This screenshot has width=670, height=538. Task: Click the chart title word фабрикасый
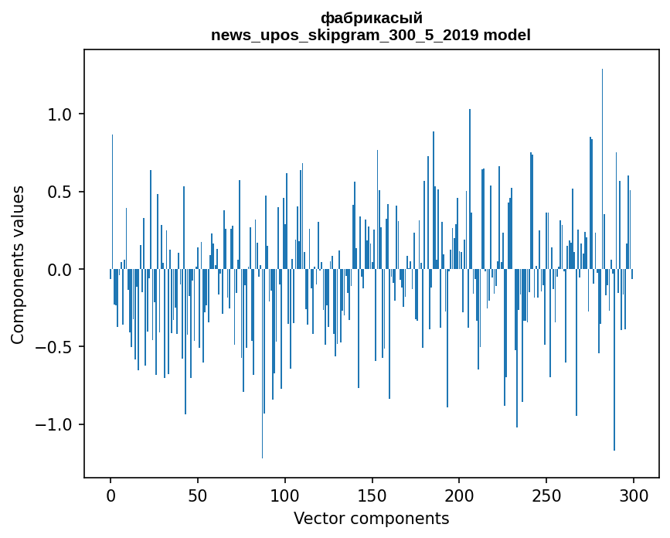[371, 18]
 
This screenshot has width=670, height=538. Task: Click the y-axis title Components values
[18, 264]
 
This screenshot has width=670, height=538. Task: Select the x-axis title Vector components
[371, 519]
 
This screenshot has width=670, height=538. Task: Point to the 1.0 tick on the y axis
[60, 114]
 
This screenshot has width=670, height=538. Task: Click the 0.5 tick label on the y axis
[60, 192]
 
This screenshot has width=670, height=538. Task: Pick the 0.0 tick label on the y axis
[60, 270]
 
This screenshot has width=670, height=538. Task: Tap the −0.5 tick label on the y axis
[56, 347]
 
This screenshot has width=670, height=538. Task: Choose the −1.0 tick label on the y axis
[56, 425]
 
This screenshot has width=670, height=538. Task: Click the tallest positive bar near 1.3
[602, 155]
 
